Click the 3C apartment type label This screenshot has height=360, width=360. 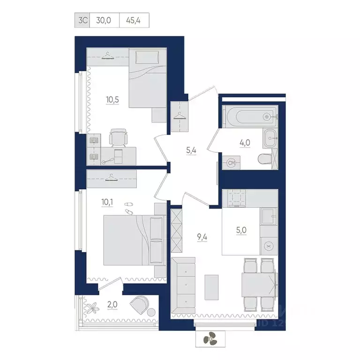coord(82,21)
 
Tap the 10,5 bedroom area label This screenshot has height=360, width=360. coord(112,99)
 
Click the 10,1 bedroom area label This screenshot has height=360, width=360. coord(107,202)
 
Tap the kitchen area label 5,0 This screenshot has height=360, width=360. coord(240,231)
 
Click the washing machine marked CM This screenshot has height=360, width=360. coord(231,162)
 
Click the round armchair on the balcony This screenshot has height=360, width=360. coord(140,305)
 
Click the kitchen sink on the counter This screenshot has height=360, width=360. coord(269,217)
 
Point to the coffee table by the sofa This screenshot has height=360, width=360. coord(212,287)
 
